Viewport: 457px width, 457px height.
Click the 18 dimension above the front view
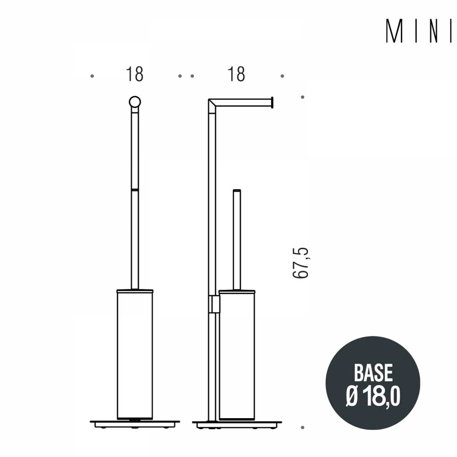[135, 74]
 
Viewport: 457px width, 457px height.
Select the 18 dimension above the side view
[237, 74]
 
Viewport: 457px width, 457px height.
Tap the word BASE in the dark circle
[373, 373]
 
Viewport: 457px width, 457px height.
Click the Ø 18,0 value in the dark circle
[373, 396]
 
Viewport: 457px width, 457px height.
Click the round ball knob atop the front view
[135, 102]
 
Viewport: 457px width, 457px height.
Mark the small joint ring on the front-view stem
[135, 189]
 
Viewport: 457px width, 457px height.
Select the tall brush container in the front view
[135, 354]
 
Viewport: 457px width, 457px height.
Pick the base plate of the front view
[135, 423]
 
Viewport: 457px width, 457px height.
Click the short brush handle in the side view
[237, 238]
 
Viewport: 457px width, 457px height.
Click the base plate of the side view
[237, 423]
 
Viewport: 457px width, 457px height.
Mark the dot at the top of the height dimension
[303, 97]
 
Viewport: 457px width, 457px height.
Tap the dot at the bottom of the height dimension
[303, 427]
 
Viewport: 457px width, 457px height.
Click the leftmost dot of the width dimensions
[92, 76]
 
